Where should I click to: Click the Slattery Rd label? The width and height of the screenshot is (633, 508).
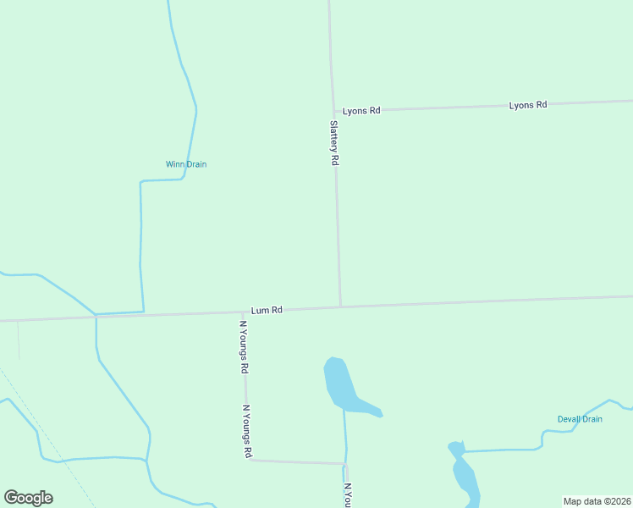coord(334,142)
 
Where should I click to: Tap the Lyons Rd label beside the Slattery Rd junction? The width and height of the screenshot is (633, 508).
coord(361,111)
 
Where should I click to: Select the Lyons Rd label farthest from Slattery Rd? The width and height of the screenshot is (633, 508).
coord(528,105)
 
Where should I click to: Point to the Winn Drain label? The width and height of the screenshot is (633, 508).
coord(186,164)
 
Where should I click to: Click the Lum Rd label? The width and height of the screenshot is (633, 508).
coord(266,311)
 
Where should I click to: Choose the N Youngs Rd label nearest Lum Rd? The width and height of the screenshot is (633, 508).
coord(244,347)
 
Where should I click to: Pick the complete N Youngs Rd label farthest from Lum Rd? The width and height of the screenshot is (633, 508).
coord(247,431)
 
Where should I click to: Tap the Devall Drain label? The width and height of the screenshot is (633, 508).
coord(580,419)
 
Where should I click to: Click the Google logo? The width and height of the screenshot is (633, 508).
coord(28,498)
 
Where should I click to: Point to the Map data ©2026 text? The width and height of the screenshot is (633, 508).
coord(597,500)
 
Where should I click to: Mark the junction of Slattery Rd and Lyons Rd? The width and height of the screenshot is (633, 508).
coord(333,111)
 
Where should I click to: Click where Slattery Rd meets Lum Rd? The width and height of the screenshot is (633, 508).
coord(340,307)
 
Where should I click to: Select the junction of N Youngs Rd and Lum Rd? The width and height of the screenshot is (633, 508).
coord(243,312)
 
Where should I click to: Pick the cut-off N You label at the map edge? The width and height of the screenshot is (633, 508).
coord(347,495)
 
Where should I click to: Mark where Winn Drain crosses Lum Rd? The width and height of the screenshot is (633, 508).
coord(142,313)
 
